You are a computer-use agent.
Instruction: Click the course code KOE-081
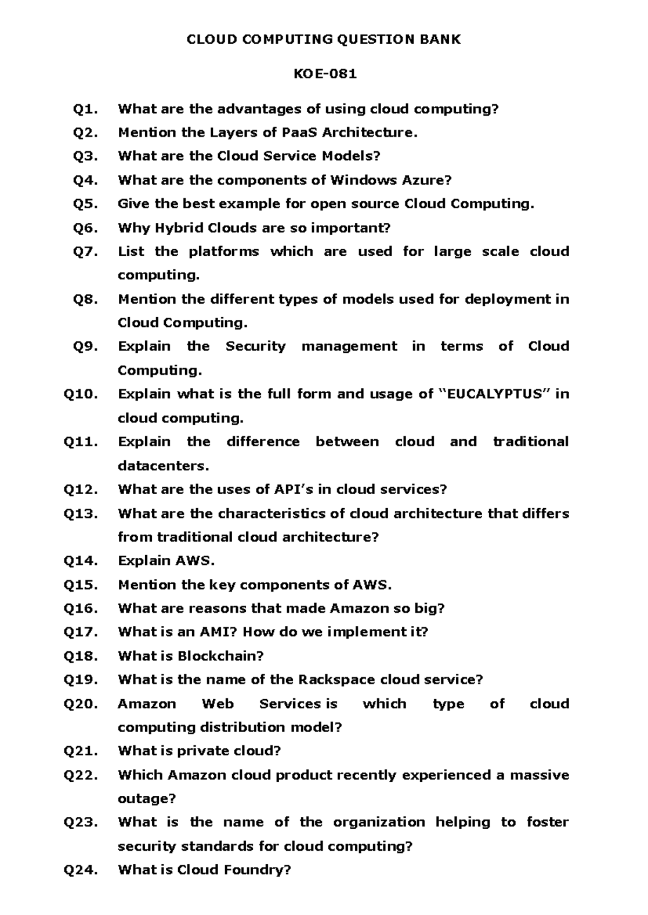[325, 74]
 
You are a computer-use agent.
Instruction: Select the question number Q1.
[85, 109]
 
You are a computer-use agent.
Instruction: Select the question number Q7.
[85, 251]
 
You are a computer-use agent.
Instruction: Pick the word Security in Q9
[255, 346]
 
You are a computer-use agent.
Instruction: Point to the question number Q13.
[81, 513]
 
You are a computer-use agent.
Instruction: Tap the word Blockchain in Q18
[219, 656]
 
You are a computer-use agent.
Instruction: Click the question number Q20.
[81, 704]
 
